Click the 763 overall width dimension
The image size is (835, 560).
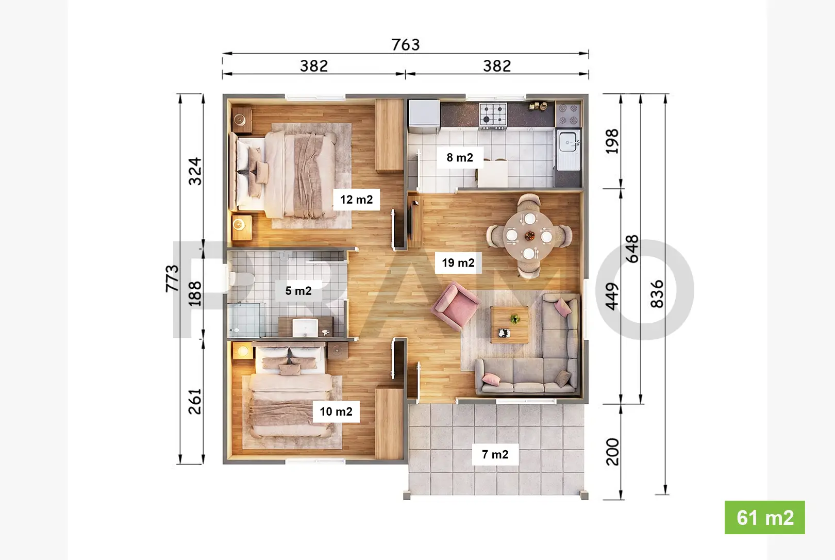coord(406,45)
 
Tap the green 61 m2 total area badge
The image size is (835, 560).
coord(764,517)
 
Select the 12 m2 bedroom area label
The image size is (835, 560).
coord(356,200)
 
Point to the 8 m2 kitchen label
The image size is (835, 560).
coord(460,157)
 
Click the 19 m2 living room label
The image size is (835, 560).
coord(458,263)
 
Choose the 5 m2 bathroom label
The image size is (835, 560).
coord(298,291)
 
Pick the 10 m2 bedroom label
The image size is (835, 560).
coord(336,411)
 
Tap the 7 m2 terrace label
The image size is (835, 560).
coord(495,454)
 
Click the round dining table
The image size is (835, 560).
coord(529,236)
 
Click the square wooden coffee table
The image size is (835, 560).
coord(510,324)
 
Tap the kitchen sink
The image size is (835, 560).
coord(568,142)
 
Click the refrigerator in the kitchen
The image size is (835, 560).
coord(424,116)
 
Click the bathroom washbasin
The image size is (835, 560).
coord(305,327)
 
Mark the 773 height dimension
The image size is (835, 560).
coord(173,278)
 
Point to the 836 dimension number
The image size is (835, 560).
coord(657,294)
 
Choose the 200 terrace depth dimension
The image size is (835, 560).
coord(612,452)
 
